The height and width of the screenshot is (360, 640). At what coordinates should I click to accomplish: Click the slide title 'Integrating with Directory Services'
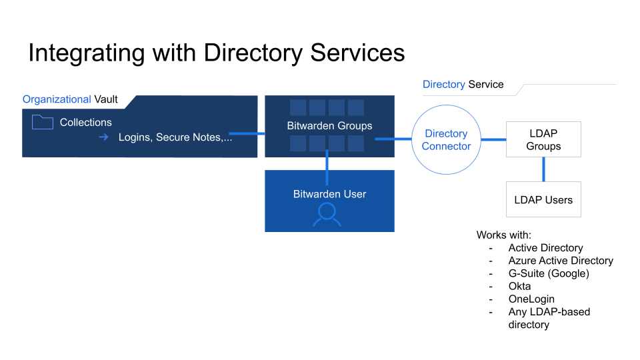click(216, 53)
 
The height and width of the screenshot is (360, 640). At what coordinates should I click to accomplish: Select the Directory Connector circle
click(446, 140)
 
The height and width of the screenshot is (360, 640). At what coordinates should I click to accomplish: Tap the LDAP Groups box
click(543, 140)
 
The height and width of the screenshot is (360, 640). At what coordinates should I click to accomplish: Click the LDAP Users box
click(543, 199)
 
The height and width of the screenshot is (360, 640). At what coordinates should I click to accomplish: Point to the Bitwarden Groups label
click(329, 125)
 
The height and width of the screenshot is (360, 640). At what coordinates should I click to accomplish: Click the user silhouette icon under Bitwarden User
click(327, 214)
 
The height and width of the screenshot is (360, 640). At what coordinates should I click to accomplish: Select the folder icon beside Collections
click(42, 122)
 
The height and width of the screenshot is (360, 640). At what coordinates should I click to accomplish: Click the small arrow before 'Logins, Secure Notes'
click(103, 137)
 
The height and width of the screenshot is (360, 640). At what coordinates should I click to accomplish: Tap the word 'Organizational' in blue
click(57, 99)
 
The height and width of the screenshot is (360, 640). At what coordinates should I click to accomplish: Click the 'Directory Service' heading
click(463, 85)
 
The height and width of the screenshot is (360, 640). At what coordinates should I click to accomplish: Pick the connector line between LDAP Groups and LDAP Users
click(543, 169)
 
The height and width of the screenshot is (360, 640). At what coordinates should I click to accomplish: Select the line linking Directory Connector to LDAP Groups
click(493, 139)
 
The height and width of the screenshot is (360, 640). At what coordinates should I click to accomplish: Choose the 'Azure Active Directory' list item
click(560, 261)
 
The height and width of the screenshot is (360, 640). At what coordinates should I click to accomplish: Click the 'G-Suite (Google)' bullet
click(548, 273)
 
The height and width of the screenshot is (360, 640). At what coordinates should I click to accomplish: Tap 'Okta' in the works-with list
click(519, 286)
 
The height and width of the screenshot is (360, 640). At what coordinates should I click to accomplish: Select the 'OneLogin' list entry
click(531, 299)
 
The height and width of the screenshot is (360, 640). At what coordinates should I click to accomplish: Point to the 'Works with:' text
click(503, 235)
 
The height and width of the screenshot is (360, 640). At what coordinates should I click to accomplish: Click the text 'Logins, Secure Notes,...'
click(175, 137)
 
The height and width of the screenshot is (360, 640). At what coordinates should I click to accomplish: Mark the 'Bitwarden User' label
click(329, 194)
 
